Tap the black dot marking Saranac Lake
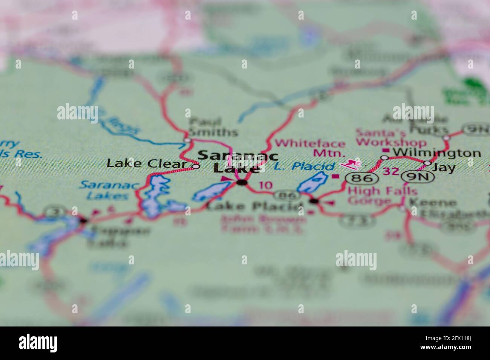242,183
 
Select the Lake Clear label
147,163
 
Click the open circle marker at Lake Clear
196,166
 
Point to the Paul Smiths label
213,127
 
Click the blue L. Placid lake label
304,166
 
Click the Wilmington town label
436,153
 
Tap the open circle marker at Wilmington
384,157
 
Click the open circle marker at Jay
427,163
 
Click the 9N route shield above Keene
413,177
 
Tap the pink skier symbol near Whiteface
351,164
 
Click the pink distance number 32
391,172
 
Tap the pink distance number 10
266,185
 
